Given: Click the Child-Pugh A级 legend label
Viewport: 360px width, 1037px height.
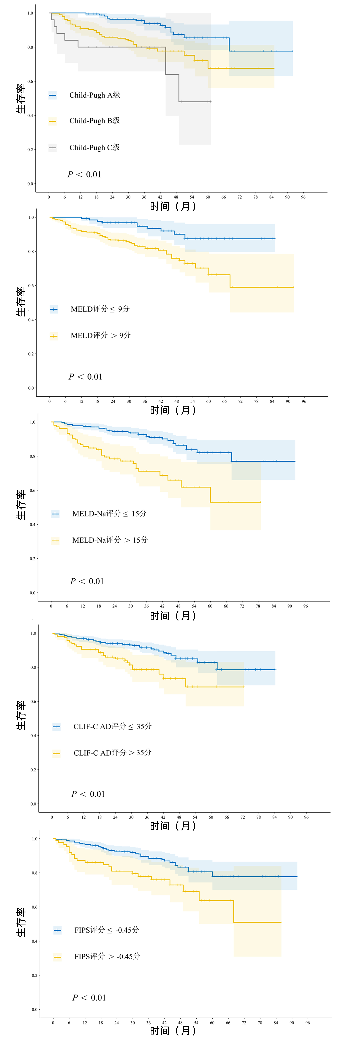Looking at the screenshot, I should click(x=95, y=95).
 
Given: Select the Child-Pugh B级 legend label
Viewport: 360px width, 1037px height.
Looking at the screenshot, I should click(x=95, y=121).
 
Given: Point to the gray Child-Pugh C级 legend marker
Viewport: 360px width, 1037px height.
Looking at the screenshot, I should click(x=52, y=148).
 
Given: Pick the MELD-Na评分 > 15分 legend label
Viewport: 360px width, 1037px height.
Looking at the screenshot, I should click(x=110, y=540).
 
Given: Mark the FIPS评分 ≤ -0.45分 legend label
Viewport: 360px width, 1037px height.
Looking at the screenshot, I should click(x=107, y=930).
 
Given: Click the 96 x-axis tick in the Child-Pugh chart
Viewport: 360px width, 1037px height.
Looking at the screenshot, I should click(x=303, y=197).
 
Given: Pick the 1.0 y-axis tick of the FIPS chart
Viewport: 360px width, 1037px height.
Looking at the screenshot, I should click(x=35, y=839).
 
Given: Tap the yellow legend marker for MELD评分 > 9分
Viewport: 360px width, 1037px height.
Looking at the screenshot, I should click(x=54, y=336).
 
